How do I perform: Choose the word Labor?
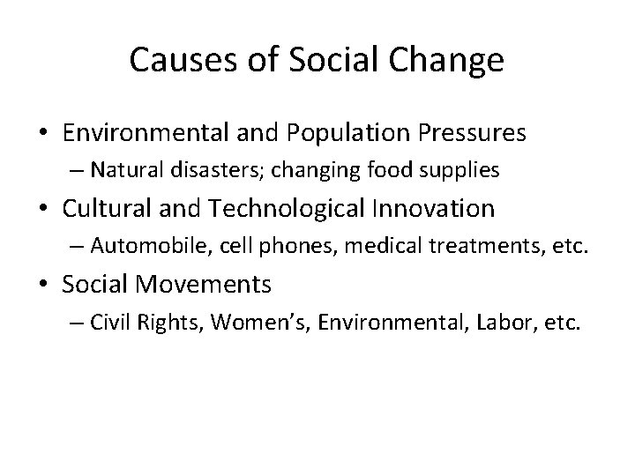tap(497, 322)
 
